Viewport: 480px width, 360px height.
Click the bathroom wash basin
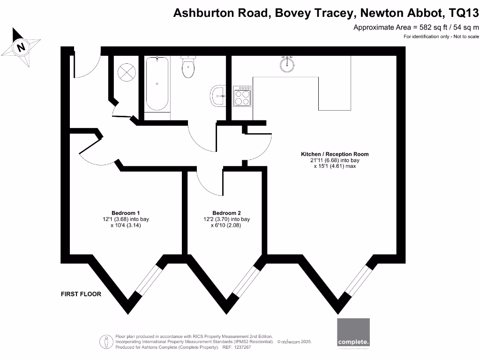pos(218,96)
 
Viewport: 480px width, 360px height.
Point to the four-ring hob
pos(242,97)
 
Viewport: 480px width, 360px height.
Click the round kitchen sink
pos(287,64)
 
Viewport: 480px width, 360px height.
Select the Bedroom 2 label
pos(226,213)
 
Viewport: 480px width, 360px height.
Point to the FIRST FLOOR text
pos(81,294)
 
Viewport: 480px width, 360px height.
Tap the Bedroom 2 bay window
pos(245,281)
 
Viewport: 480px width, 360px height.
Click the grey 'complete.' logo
pos(353,334)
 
